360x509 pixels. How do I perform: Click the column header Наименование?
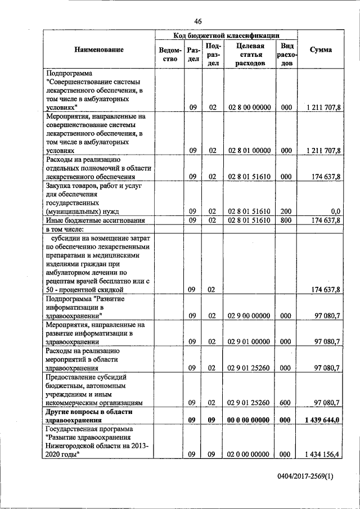99,50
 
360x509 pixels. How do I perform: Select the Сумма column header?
321,50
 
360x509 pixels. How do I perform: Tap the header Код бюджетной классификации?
226,35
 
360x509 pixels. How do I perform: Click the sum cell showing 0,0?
335,211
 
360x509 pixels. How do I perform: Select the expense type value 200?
286,211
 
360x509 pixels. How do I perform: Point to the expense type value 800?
286,220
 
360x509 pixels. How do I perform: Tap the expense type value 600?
286,402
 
